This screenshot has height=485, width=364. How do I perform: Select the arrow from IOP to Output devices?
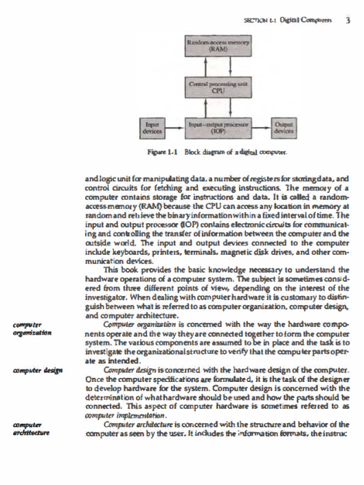pos(262,126)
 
